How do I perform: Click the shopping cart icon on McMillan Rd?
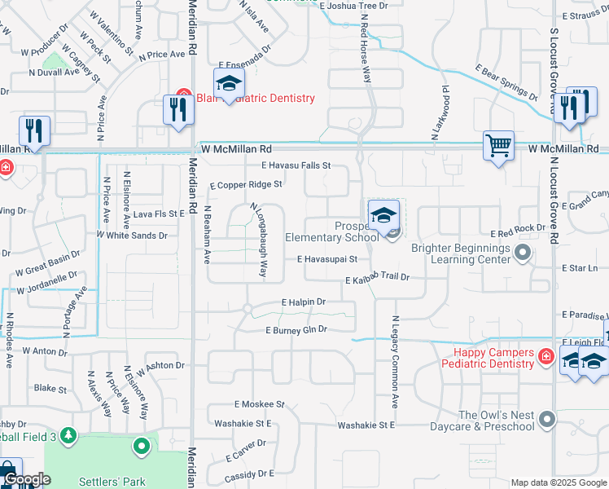[498, 147]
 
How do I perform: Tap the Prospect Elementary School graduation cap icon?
[383, 216]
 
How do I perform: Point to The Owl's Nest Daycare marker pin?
[547, 420]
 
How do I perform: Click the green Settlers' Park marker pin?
[142, 446]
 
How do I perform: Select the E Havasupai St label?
[327, 260]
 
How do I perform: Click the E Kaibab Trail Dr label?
[376, 279]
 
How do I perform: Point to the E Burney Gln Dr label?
[296, 330]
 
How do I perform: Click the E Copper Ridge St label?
[246, 185]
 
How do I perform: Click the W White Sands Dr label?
[131, 235]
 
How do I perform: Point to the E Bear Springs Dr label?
[506, 81]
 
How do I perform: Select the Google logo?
[28, 479]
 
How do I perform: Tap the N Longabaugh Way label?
[258, 240]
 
